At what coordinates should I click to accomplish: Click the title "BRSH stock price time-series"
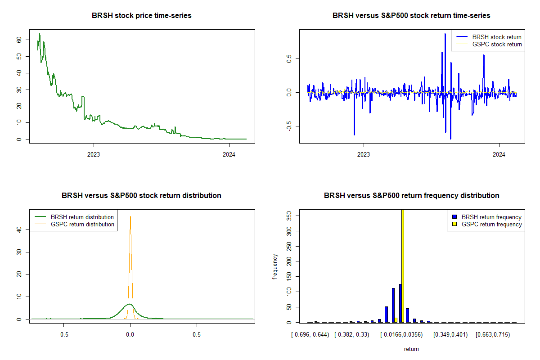coord(142,16)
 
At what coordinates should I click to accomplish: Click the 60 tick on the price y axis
coord(19,40)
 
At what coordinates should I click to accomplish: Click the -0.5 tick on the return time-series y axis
coord(289,126)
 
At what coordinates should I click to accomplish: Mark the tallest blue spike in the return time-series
coord(445,34)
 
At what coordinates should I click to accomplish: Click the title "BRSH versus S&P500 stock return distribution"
coord(142,196)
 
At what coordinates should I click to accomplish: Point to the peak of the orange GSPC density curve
coord(130,217)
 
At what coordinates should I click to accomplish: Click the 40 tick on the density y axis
coord(19,229)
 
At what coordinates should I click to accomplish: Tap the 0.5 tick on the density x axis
coord(197,335)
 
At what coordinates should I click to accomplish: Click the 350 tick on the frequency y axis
coord(289,216)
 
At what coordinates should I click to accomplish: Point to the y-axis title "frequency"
coord(275,267)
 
